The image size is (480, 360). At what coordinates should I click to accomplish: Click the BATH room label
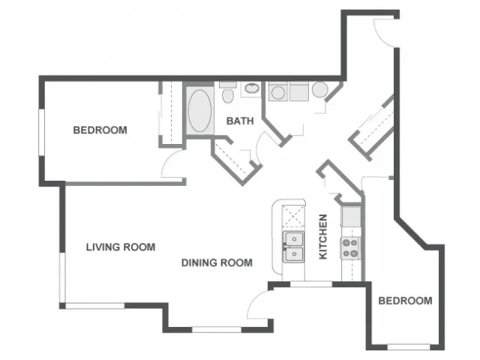pyautogui.click(x=240, y=121)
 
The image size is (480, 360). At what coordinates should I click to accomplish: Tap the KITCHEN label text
pyautogui.click(x=323, y=237)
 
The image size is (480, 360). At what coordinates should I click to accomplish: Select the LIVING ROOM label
pyautogui.click(x=121, y=247)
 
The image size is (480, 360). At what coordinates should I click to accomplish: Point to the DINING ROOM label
pyautogui.click(x=217, y=262)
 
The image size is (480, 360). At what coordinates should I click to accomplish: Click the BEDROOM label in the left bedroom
pyautogui.click(x=100, y=130)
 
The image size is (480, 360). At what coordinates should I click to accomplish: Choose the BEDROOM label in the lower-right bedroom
pyautogui.click(x=405, y=301)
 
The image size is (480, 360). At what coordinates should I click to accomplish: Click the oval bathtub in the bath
pyautogui.click(x=199, y=111)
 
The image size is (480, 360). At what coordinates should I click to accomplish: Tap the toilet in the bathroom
pyautogui.click(x=228, y=92)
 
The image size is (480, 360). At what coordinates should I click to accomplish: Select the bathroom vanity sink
pyautogui.click(x=252, y=88)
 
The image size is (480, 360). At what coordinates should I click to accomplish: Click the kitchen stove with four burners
pyautogui.click(x=350, y=248)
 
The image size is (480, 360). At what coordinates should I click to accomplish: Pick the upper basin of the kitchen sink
pyautogui.click(x=294, y=239)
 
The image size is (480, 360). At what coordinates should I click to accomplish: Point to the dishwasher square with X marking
pyautogui.click(x=293, y=217)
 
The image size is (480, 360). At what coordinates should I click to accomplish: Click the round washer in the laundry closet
pyautogui.click(x=278, y=92)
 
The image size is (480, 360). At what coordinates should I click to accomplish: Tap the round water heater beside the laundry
pyautogui.click(x=320, y=90)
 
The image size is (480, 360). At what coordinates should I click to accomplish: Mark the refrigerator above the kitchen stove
pyautogui.click(x=352, y=217)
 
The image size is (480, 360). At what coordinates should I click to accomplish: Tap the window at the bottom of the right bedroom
pyautogui.click(x=409, y=347)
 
